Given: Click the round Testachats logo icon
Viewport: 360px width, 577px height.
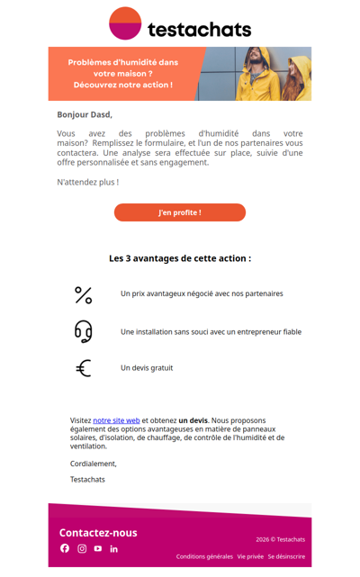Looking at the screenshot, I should point(125,23).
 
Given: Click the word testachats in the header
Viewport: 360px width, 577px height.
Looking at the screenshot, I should point(199,29).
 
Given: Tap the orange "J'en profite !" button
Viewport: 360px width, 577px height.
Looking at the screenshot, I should point(180,212).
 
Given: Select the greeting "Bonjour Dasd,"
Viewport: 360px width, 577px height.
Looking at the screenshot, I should point(85,114).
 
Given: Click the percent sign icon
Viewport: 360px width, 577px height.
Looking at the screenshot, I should point(84,294).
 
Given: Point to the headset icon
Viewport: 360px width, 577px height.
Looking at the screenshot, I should point(84,331).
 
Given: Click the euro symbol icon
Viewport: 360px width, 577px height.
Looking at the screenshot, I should point(84,368).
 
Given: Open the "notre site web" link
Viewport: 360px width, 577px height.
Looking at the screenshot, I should point(116,420).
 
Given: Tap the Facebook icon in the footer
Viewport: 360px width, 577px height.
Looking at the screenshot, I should point(65,548).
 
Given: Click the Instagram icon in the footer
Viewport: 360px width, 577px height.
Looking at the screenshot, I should point(82,548).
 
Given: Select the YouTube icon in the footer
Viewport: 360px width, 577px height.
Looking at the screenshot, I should point(98,548).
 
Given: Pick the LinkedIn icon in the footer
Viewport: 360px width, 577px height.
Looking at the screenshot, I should point(114,548).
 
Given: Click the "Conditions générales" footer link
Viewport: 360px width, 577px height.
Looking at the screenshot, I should point(204,556).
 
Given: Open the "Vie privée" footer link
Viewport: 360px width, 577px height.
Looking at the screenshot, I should point(250,556).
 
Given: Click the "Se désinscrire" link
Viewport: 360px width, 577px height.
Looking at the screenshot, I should point(286,556).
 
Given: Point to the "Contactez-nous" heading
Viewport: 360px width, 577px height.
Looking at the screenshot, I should point(98,532).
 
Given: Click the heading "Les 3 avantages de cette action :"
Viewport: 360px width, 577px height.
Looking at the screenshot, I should point(180,258).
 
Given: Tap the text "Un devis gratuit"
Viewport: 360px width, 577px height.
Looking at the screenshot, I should point(147,368).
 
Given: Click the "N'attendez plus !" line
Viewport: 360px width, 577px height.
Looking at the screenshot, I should point(87,182).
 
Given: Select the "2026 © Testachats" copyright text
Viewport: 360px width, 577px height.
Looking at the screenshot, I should point(280,539).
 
